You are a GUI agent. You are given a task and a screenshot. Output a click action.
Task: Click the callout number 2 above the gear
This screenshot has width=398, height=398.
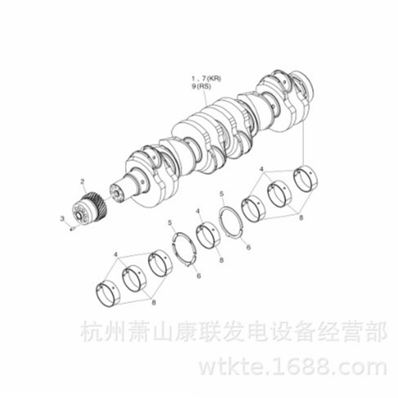(83, 181)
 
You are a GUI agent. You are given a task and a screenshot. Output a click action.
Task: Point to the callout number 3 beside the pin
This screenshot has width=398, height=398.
(63, 218)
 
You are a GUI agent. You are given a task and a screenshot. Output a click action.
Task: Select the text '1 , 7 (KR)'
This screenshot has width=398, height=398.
(206, 78)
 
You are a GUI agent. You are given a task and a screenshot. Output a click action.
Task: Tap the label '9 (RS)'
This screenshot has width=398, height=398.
(201, 87)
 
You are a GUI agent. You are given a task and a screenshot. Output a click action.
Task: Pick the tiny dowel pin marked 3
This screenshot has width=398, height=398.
(72, 229)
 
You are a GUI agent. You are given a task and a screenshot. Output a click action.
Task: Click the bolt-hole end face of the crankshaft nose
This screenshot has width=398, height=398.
(117, 194)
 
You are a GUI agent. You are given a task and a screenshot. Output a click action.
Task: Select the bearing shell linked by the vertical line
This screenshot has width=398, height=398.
(306, 178)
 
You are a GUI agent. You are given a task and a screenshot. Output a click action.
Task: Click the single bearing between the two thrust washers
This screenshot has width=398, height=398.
(208, 235)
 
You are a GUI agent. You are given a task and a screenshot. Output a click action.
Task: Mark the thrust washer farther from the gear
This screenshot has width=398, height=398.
(231, 222)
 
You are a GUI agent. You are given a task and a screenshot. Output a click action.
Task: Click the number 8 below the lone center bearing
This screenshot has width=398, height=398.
(221, 260)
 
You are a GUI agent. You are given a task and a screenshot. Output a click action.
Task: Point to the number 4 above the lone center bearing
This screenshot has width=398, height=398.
(198, 211)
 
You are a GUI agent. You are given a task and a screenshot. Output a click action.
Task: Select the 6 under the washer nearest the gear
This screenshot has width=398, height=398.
(199, 276)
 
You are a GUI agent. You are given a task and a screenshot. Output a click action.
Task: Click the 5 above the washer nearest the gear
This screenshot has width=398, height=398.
(170, 223)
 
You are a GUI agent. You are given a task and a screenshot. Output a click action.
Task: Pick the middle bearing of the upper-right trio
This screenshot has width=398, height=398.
(279, 194)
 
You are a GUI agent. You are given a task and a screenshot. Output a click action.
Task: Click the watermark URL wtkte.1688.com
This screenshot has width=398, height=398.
(293, 367)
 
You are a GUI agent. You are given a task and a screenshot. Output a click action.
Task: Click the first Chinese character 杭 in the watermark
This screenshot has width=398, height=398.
(91, 331)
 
